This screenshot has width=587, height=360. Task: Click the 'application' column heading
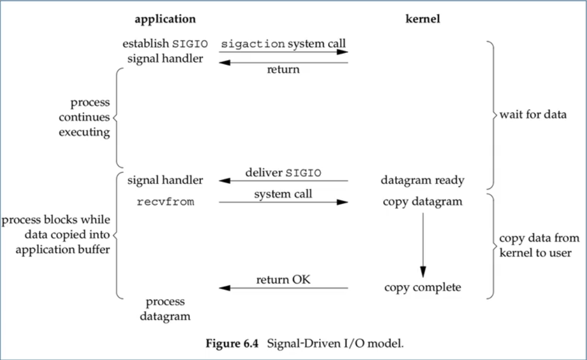pos(165,19)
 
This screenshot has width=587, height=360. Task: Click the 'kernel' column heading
pos(423,19)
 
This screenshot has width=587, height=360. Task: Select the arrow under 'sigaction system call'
pos(283,52)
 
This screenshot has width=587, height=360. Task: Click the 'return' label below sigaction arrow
pos(283,70)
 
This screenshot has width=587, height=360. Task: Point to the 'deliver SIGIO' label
pos(283,173)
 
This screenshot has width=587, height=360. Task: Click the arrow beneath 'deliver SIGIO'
pos(283,181)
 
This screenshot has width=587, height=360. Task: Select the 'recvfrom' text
pos(165,202)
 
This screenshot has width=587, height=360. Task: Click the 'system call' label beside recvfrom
pos(283,194)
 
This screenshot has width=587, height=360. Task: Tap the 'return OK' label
pos(283,280)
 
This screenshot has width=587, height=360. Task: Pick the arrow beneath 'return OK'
pos(283,288)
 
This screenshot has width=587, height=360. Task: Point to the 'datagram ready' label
pos(423,181)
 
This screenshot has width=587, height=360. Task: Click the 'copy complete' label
pos(423,287)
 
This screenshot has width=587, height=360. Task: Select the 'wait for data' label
pos(533,115)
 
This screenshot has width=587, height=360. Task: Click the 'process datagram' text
pos(165,309)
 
